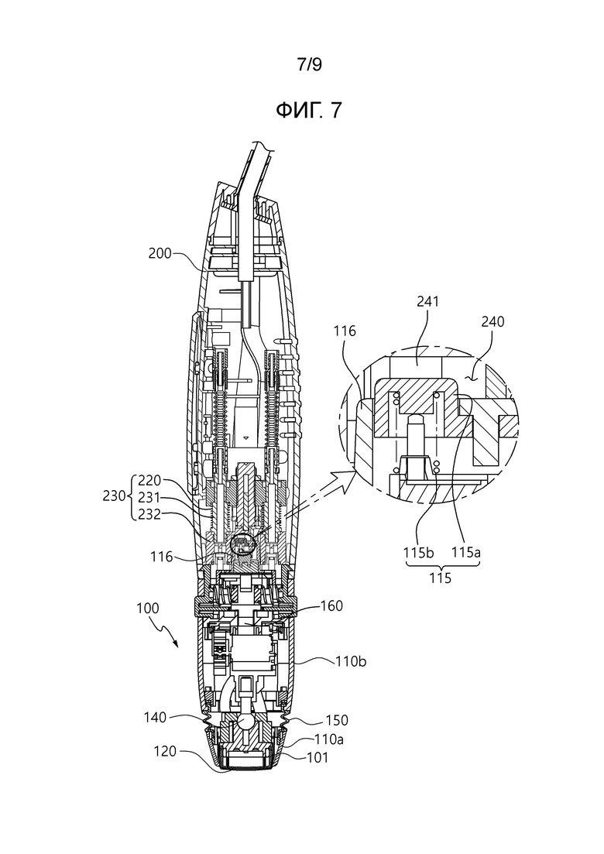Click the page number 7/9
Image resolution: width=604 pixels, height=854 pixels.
pos(309,65)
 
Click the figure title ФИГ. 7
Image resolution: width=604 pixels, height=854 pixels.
pos(309,111)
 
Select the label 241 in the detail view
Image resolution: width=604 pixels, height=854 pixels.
pos(427,301)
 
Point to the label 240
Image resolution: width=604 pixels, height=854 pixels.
pos(493,321)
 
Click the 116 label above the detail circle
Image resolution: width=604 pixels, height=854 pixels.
pos(345,331)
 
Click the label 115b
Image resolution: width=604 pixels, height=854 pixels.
pos(418,552)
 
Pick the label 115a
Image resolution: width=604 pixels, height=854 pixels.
pos(466,552)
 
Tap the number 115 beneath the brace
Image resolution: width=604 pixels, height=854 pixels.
pos(440,578)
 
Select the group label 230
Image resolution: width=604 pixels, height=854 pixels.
pos(114,496)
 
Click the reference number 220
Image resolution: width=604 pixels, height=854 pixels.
pos(149,480)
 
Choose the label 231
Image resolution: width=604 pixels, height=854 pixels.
pos(149,497)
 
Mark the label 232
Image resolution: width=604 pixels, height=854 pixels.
pos(149,513)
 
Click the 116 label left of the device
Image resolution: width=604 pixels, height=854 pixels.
pos(161,557)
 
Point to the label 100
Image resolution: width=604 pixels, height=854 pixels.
pos(147,608)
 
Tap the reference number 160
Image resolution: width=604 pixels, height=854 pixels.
pos(331,605)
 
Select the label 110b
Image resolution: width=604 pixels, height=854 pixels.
pos(350,661)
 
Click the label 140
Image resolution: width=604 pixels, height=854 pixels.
pos(155,718)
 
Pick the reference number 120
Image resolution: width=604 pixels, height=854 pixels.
pos(165,752)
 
